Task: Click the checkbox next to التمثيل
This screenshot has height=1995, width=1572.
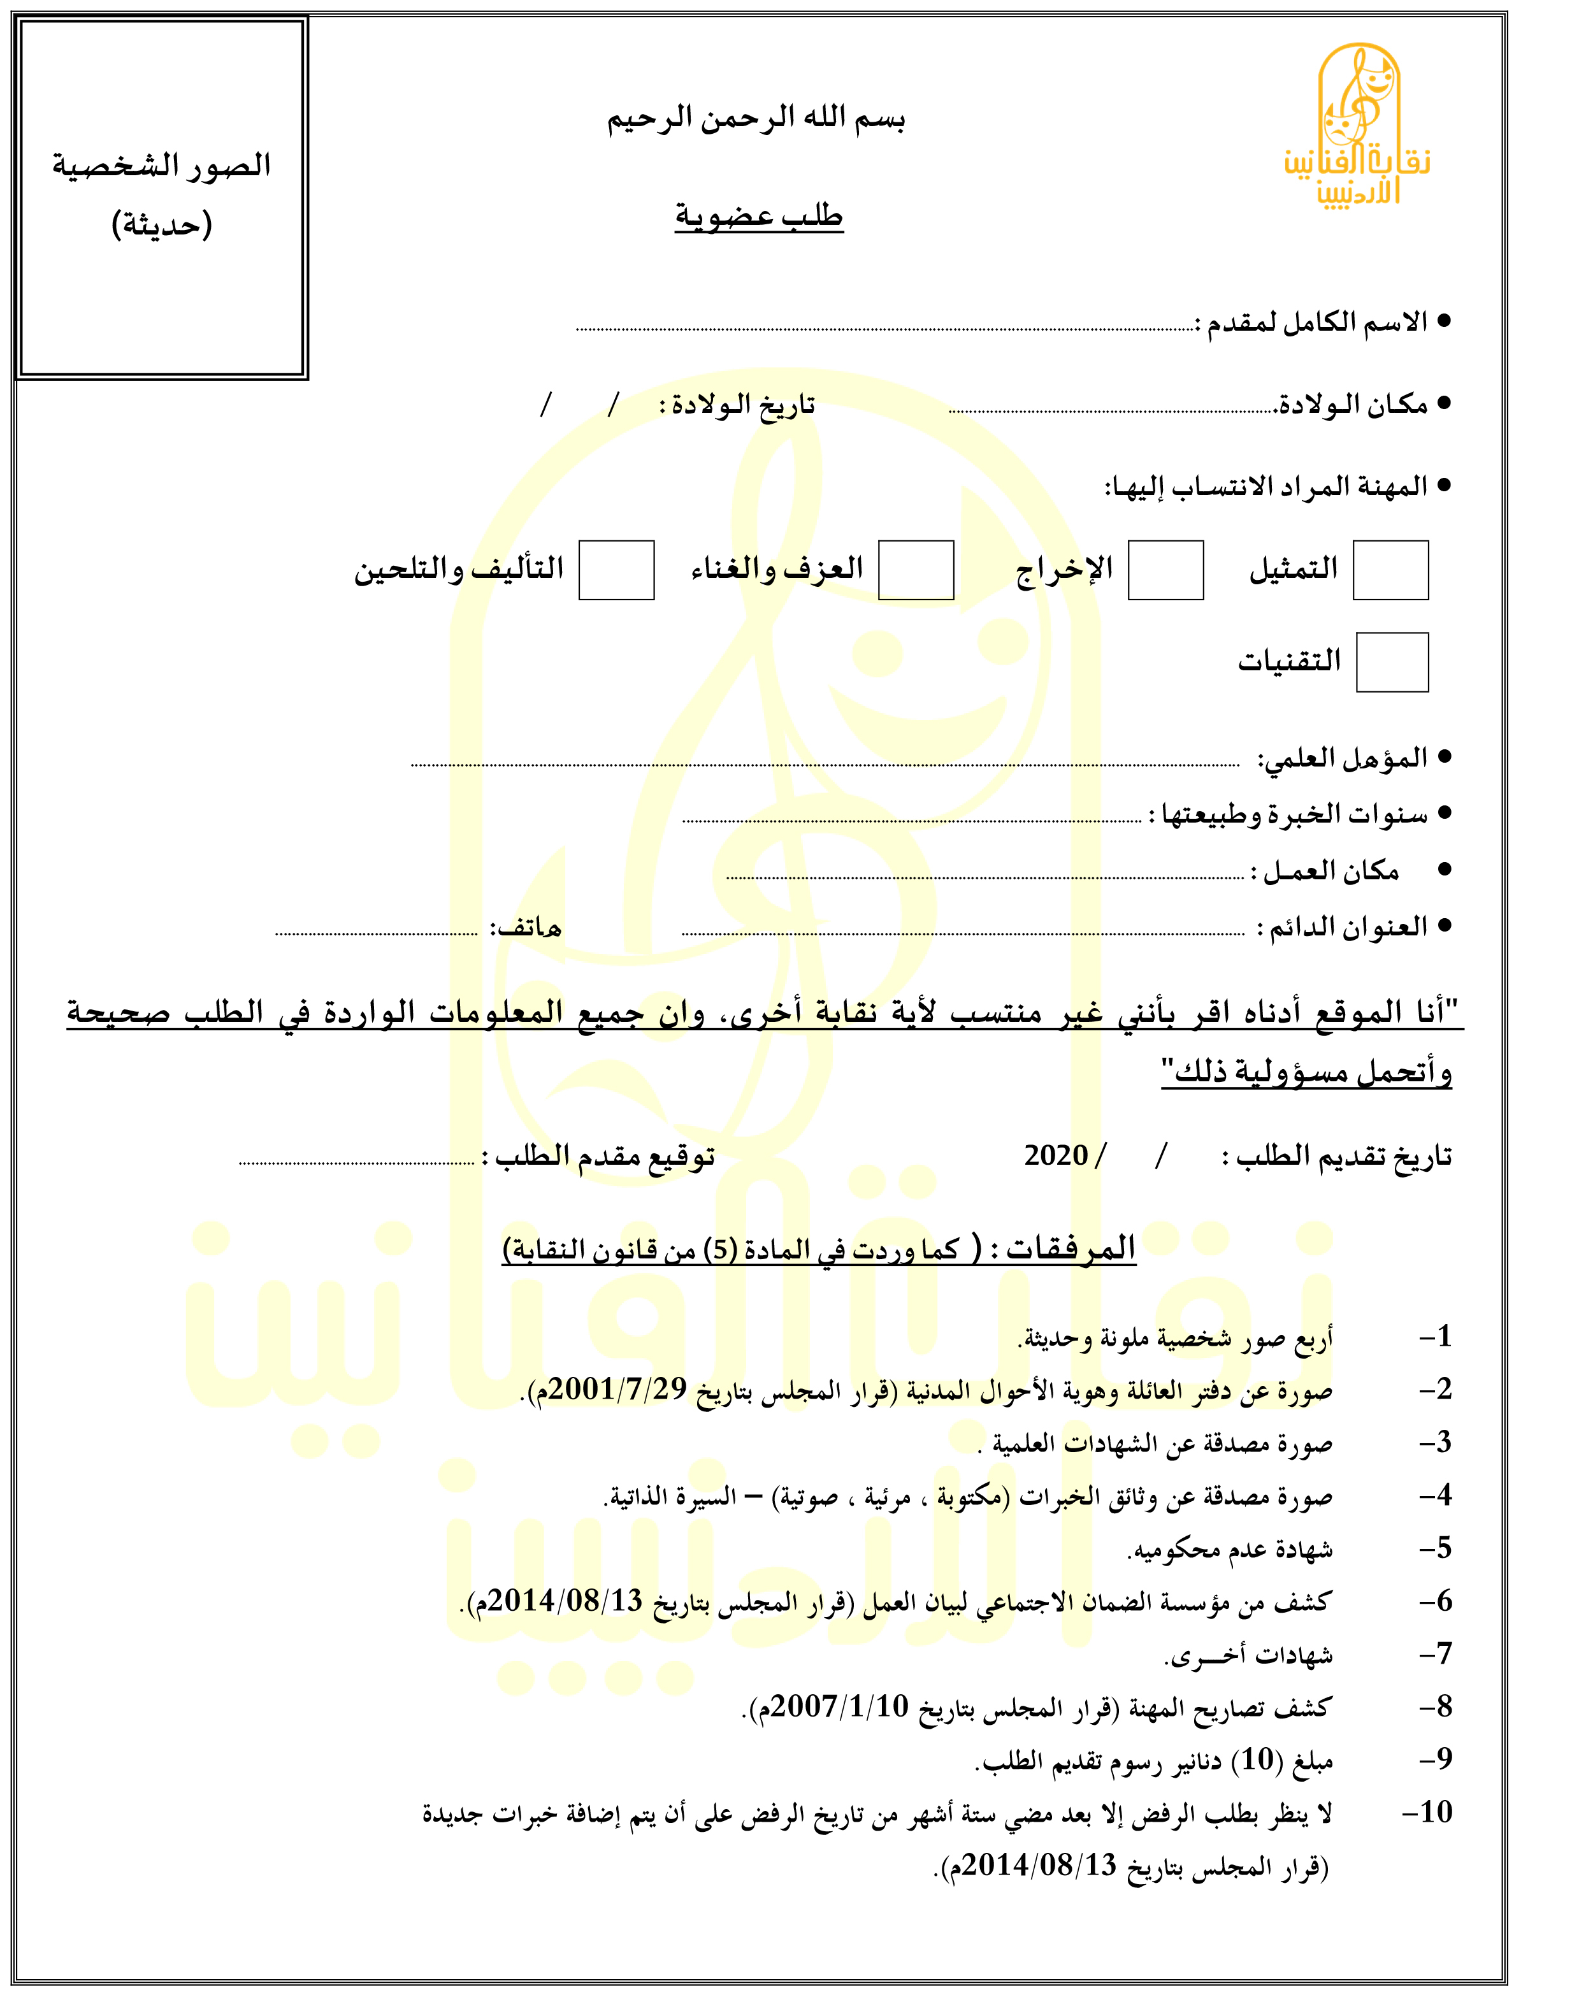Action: [1390, 570]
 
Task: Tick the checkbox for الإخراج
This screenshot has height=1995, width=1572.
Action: [1165, 570]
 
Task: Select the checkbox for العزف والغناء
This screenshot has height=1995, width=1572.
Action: [916, 570]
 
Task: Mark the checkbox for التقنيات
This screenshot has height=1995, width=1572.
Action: [1392, 661]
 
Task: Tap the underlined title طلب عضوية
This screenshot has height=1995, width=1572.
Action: [760, 216]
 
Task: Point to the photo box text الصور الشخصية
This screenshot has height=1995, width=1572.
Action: [162, 166]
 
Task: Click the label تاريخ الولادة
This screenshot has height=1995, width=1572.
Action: [737, 405]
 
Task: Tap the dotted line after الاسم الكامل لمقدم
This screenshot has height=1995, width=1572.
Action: [884, 328]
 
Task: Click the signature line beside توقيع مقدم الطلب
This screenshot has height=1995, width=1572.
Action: [357, 1163]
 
